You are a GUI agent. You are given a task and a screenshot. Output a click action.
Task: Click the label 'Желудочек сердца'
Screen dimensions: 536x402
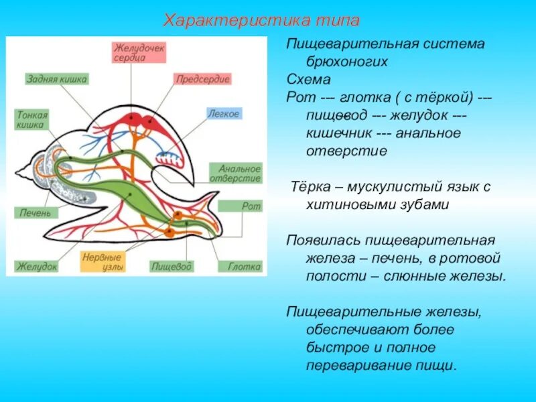[139, 53]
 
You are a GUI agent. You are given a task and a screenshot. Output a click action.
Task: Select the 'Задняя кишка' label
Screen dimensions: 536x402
[57, 79]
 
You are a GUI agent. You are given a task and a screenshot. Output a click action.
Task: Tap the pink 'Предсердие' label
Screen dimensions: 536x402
[202, 79]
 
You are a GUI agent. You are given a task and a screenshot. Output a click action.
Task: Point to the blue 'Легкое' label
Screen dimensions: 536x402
[223, 114]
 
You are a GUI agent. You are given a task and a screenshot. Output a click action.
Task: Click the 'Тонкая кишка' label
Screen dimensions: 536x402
[31, 120]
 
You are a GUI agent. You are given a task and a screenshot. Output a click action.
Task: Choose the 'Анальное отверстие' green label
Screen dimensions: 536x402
[234, 173]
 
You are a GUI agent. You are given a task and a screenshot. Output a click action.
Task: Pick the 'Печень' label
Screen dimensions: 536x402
[31, 213]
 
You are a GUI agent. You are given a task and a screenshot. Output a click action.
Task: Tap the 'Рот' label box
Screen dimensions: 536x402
[251, 206]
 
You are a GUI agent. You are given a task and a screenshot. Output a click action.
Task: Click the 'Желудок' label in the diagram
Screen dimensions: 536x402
[37, 267]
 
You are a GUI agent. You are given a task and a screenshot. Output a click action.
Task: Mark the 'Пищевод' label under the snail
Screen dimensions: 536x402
[172, 267]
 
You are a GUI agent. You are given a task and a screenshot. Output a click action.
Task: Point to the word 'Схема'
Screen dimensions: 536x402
[309, 79]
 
